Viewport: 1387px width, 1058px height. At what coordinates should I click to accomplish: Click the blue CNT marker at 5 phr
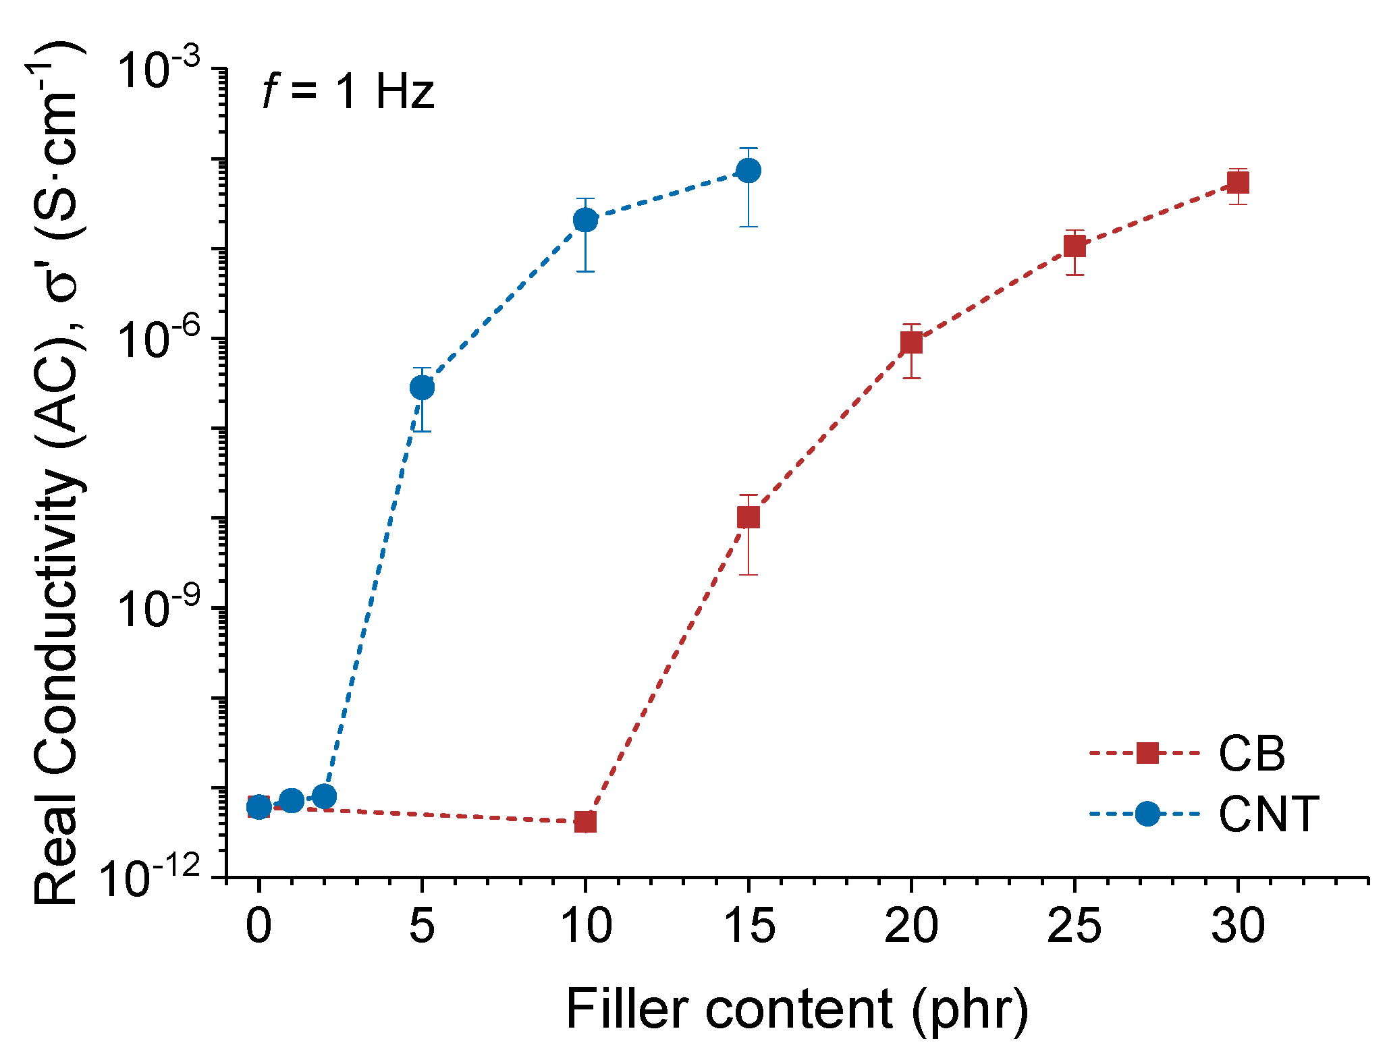pyautogui.click(x=422, y=387)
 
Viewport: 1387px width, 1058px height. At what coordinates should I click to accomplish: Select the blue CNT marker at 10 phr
pyautogui.click(x=585, y=219)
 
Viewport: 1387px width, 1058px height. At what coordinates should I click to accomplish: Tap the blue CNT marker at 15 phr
pyautogui.click(x=749, y=170)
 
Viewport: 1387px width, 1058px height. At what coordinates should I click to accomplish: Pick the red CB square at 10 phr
pyautogui.click(x=585, y=822)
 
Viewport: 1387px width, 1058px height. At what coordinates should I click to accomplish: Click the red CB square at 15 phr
pyautogui.click(x=749, y=518)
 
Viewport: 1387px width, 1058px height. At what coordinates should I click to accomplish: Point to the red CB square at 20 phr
pyautogui.click(x=911, y=343)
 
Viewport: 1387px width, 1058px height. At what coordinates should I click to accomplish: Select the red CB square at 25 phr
pyautogui.click(x=1075, y=247)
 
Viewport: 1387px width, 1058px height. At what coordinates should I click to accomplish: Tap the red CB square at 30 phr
pyautogui.click(x=1238, y=182)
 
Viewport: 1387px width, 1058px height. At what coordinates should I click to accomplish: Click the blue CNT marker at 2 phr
pyautogui.click(x=324, y=796)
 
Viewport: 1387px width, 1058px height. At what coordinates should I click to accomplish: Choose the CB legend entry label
pyautogui.click(x=1251, y=753)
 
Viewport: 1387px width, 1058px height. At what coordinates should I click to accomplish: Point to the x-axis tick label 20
pyautogui.click(x=911, y=926)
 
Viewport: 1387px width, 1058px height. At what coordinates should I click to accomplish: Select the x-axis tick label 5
pyautogui.click(x=422, y=926)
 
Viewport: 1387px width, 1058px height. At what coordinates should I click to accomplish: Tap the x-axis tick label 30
pyautogui.click(x=1238, y=926)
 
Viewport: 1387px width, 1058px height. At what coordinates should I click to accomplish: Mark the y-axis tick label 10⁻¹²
pyautogui.click(x=152, y=879)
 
